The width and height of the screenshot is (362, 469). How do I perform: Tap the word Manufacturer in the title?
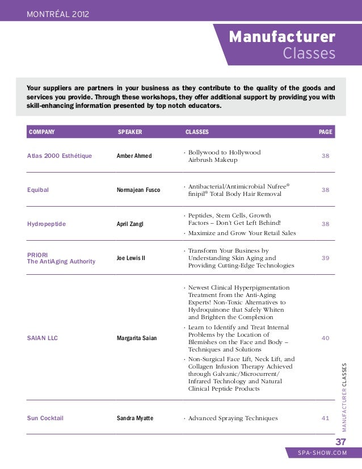282,37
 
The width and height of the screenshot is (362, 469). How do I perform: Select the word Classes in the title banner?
309,53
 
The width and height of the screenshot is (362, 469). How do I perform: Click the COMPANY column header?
42,132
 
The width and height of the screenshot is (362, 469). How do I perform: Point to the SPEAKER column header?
129,132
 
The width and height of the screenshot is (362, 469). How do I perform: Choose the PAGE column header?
326,132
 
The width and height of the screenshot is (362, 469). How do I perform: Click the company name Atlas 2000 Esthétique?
60,156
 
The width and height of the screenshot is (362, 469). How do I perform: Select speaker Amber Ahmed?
134,156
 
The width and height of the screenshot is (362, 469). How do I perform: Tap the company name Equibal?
38,190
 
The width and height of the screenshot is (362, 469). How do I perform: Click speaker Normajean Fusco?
138,190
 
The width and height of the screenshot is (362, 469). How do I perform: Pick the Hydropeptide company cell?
47,224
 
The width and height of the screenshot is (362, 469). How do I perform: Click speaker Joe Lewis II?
131,258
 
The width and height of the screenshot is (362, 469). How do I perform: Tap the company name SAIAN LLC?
43,338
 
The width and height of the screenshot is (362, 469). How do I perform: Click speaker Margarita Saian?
137,338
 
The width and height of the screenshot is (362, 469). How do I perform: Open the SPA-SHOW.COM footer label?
322,454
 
